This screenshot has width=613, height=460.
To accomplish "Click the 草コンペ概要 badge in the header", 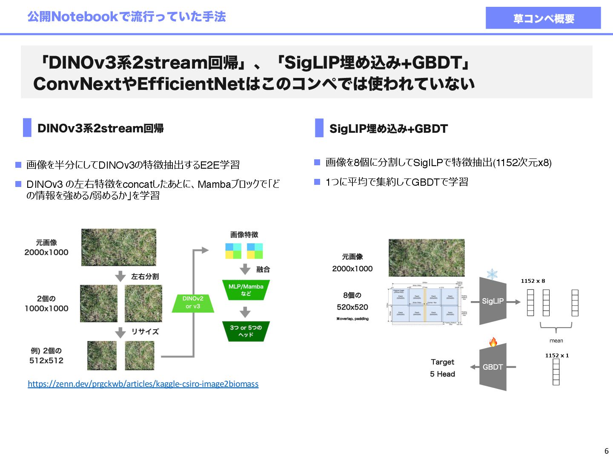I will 543,18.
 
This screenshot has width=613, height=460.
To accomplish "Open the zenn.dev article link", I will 143,384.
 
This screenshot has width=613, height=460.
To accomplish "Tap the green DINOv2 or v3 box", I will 193,302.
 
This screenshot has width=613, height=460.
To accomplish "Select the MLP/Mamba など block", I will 246,290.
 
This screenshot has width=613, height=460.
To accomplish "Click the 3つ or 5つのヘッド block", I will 246,331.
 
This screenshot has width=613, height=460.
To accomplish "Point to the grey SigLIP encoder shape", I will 493,301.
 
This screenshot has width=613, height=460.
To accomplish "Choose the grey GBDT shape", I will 493,367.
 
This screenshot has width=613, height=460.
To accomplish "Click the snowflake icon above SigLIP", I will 492,274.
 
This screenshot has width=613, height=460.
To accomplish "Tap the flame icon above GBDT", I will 493,342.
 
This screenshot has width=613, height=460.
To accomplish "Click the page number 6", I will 606,451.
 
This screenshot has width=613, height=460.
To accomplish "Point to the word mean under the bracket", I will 556,341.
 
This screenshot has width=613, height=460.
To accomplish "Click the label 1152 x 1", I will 557,355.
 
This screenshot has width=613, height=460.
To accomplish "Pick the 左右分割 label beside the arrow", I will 145,276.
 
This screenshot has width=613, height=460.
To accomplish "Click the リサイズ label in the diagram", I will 145,331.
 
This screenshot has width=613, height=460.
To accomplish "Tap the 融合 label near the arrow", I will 263,269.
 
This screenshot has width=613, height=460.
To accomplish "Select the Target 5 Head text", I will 442,368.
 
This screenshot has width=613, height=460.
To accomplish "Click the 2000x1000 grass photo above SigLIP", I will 427,258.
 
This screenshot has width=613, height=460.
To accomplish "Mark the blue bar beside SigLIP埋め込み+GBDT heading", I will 319,128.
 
